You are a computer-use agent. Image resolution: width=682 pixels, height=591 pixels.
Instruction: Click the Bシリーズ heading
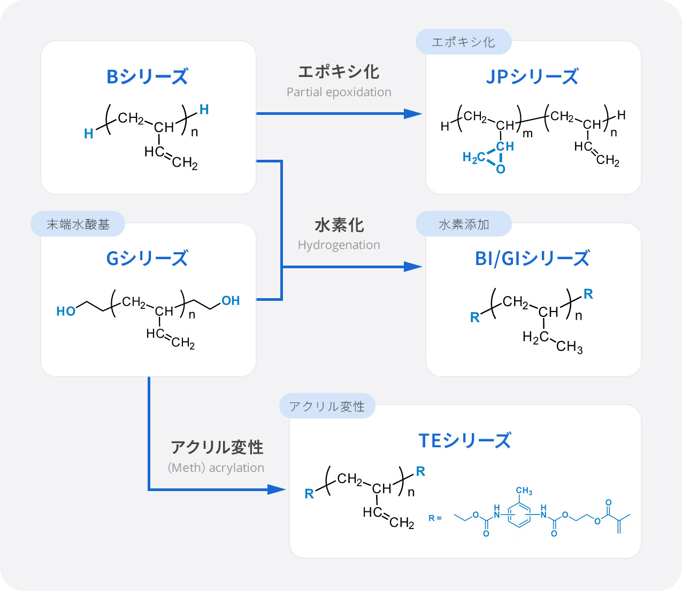[147, 76]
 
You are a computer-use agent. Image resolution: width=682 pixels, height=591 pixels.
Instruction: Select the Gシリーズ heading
[147, 259]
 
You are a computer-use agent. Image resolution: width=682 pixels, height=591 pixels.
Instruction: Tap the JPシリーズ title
[532, 76]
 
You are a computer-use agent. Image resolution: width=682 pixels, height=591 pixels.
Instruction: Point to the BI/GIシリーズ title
[532, 259]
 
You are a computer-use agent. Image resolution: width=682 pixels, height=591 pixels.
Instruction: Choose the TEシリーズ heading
[464, 441]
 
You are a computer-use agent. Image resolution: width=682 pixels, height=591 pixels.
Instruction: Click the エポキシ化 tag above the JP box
[463, 42]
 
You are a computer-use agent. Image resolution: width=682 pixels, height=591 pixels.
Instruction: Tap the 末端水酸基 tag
[78, 224]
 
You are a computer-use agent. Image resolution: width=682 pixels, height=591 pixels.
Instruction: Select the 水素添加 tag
[463, 224]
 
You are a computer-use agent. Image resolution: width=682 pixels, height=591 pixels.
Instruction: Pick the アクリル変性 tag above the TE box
[327, 407]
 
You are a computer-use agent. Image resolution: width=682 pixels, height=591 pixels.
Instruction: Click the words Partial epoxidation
[339, 92]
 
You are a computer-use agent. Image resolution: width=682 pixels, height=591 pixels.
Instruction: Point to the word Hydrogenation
[339, 245]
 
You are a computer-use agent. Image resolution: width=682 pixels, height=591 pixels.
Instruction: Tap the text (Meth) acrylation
[216, 468]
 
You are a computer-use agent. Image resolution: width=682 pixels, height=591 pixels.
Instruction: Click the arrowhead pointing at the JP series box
[412, 113]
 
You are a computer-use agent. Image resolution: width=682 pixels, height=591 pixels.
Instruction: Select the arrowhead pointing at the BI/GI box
[412, 267]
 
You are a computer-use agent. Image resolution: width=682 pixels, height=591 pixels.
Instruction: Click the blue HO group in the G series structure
[66, 311]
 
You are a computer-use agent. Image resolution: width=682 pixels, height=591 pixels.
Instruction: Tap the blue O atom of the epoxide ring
[501, 169]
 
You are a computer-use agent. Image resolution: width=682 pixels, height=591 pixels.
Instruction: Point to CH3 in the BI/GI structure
[569, 347]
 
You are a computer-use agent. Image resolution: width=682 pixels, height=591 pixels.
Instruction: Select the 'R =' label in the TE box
[435, 518]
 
